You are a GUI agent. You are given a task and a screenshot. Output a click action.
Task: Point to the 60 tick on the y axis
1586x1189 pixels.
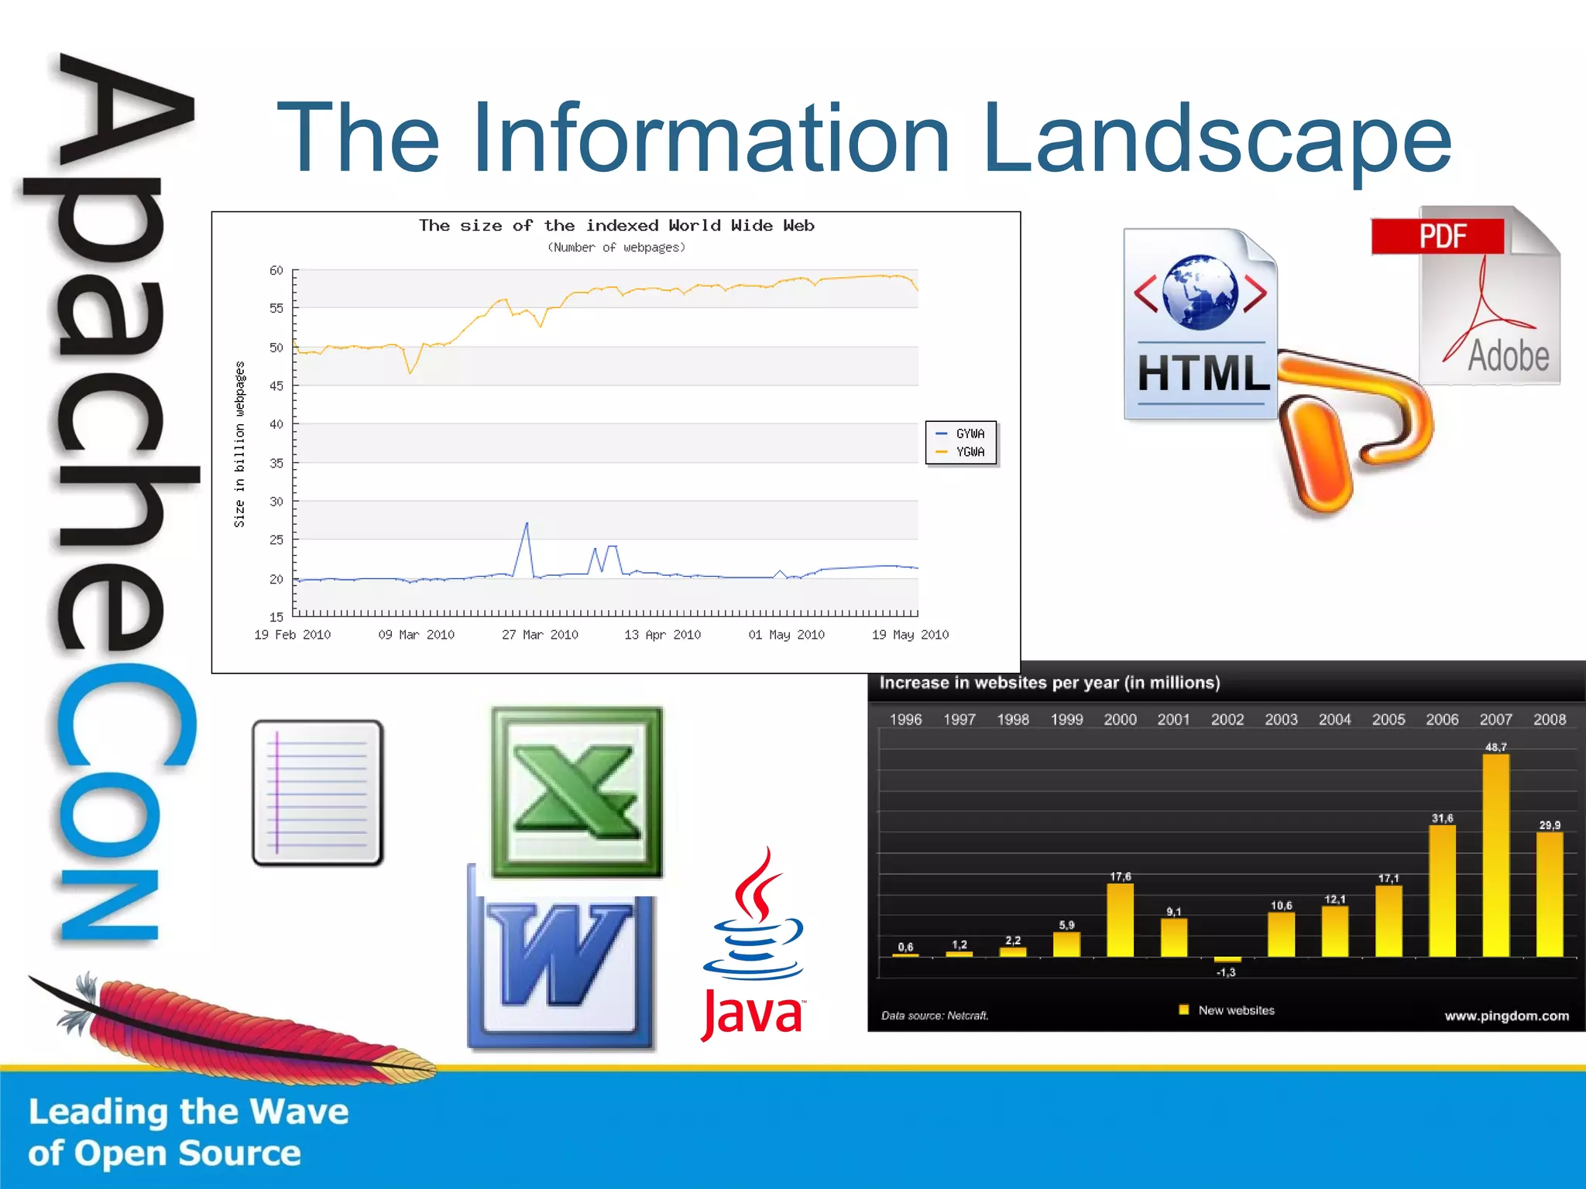tap(276, 270)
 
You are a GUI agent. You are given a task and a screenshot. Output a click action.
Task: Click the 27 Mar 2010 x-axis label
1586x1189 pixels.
tap(540, 635)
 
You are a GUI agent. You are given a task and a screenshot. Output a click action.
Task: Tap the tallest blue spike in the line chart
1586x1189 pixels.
tap(527, 526)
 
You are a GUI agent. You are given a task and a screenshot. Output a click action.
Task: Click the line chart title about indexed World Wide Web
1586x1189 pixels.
tap(616, 225)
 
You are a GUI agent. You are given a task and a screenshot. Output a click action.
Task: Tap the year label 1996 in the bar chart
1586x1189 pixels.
tap(905, 719)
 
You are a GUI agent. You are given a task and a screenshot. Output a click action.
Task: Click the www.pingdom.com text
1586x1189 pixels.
tap(1506, 1016)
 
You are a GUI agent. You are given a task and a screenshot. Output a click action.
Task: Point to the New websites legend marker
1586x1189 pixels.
tap(1183, 1009)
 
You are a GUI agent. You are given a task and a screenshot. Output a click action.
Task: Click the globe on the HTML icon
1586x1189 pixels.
tap(1200, 292)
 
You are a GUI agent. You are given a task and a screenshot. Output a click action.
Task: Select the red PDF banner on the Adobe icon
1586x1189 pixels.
tap(1437, 235)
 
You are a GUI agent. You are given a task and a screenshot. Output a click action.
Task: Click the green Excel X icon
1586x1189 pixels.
tap(577, 791)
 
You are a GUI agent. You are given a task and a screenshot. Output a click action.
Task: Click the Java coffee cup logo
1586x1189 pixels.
tap(754, 921)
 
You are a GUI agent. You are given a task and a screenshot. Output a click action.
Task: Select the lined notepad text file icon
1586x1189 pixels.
tap(318, 792)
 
